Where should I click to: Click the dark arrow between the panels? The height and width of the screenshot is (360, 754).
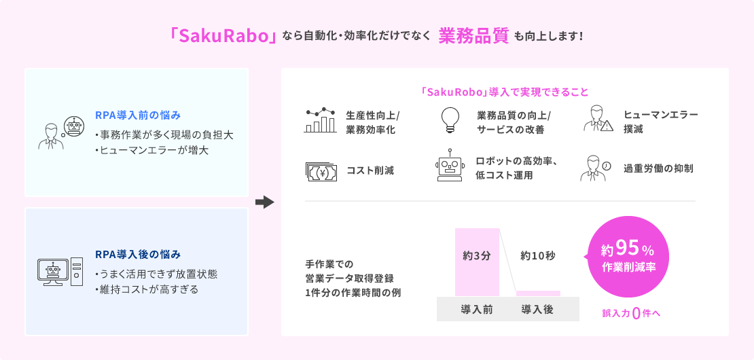(x=264, y=202)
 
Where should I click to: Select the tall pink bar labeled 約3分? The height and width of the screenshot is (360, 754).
(x=477, y=262)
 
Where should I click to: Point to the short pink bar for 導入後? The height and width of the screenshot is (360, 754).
(x=538, y=293)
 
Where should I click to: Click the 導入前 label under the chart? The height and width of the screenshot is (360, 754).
(x=477, y=309)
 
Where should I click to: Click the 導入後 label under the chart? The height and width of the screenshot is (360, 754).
(x=537, y=309)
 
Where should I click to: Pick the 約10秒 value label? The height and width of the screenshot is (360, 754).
(x=537, y=256)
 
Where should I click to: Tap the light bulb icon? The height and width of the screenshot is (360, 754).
(x=450, y=120)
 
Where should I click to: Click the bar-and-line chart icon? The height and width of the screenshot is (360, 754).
(x=320, y=120)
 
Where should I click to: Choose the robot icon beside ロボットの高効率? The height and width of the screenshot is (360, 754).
(x=450, y=165)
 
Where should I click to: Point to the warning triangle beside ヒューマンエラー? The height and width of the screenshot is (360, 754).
(x=607, y=126)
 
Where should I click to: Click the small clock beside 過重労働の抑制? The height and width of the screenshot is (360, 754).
(x=607, y=165)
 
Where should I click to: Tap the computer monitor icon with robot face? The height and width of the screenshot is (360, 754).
(x=54, y=272)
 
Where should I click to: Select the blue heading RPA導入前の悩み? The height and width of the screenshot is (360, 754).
(x=138, y=115)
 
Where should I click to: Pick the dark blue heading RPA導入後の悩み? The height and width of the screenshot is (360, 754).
(x=138, y=254)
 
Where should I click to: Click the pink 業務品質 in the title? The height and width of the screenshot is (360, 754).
(x=473, y=37)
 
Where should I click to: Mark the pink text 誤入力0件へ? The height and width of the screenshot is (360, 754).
(x=632, y=314)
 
